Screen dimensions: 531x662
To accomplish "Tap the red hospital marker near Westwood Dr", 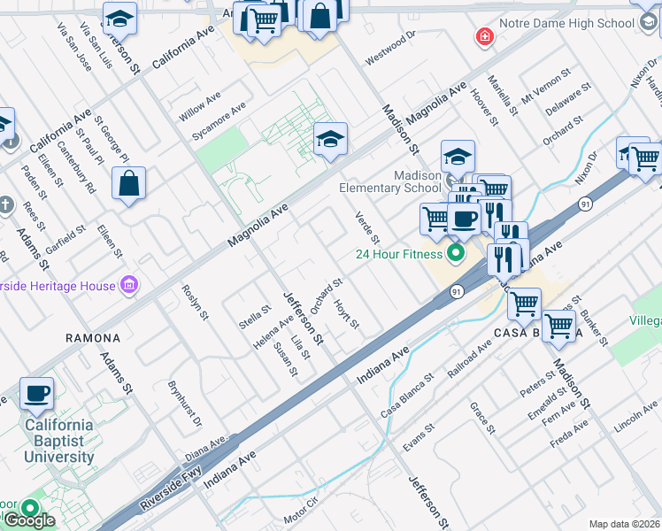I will [484, 36].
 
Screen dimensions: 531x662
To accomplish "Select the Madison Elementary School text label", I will [390, 181].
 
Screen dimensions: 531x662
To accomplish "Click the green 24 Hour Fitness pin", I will [456, 254].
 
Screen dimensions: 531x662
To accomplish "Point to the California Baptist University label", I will [59, 441].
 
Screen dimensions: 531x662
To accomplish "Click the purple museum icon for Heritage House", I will [129, 285].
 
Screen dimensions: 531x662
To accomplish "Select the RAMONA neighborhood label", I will [92, 338].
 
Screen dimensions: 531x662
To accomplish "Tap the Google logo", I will [29, 521].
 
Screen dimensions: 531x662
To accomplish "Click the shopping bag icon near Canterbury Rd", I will [129, 183].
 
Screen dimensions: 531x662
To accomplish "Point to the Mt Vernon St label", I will [542, 92].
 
